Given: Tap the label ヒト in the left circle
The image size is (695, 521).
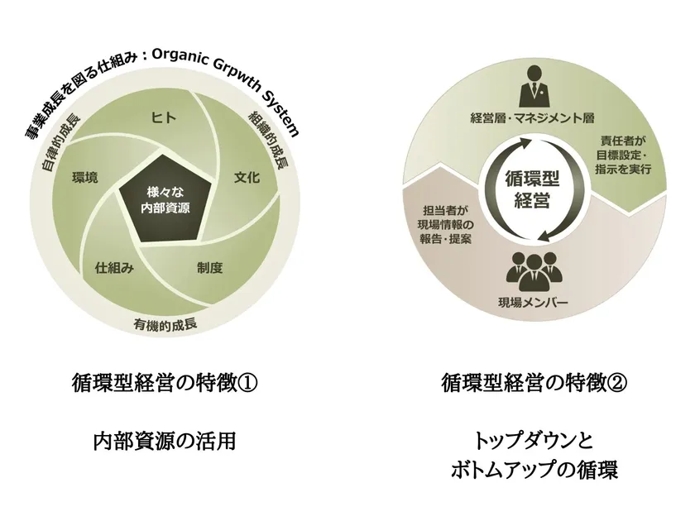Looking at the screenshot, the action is [x=164, y=117].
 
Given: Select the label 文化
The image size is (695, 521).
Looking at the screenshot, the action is [x=247, y=178].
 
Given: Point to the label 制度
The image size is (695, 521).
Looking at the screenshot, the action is [x=209, y=268].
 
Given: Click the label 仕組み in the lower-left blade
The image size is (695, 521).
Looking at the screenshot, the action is [x=114, y=268].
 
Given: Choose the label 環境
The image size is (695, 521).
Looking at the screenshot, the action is [x=85, y=178].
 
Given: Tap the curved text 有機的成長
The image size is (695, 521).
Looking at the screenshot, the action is [x=165, y=324].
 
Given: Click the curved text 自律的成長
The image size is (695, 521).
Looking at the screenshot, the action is [x=61, y=142].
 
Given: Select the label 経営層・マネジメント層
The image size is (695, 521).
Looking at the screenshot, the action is [x=532, y=117].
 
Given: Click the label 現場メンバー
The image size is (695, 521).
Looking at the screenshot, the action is [x=533, y=303].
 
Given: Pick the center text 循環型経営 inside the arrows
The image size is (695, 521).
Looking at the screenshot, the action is [x=532, y=190].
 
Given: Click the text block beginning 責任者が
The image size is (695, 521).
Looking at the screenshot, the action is [x=623, y=155].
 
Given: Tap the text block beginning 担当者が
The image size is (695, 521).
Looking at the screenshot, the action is [x=445, y=224].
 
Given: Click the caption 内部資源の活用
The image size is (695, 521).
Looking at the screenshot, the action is [x=165, y=442].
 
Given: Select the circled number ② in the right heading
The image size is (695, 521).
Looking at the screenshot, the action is [x=617, y=383].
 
